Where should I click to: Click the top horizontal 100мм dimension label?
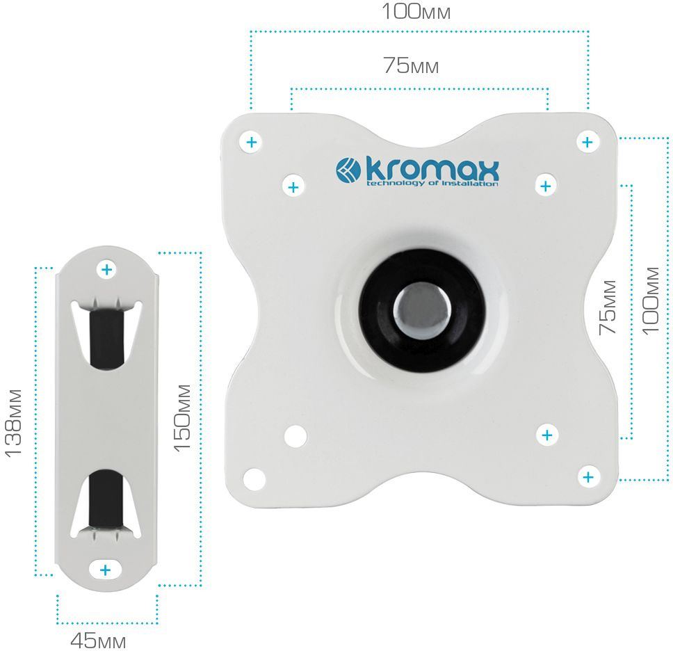pos(416,12)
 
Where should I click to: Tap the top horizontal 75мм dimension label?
pos(411,65)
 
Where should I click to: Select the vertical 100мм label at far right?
pos(650,300)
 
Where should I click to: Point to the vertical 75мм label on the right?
pos(608,307)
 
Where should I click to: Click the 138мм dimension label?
pos(13,423)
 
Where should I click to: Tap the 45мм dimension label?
pos(98,641)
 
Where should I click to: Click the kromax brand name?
pos(432,170)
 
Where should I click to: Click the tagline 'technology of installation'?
pos(432,184)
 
